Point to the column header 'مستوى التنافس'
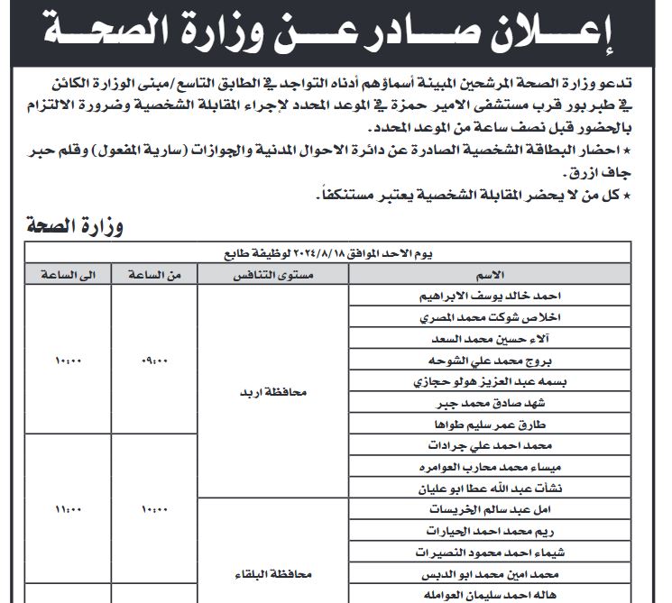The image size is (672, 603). [x=272, y=273]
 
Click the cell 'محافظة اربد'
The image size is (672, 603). [x=272, y=393]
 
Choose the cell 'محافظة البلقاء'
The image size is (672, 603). [x=271, y=573]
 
